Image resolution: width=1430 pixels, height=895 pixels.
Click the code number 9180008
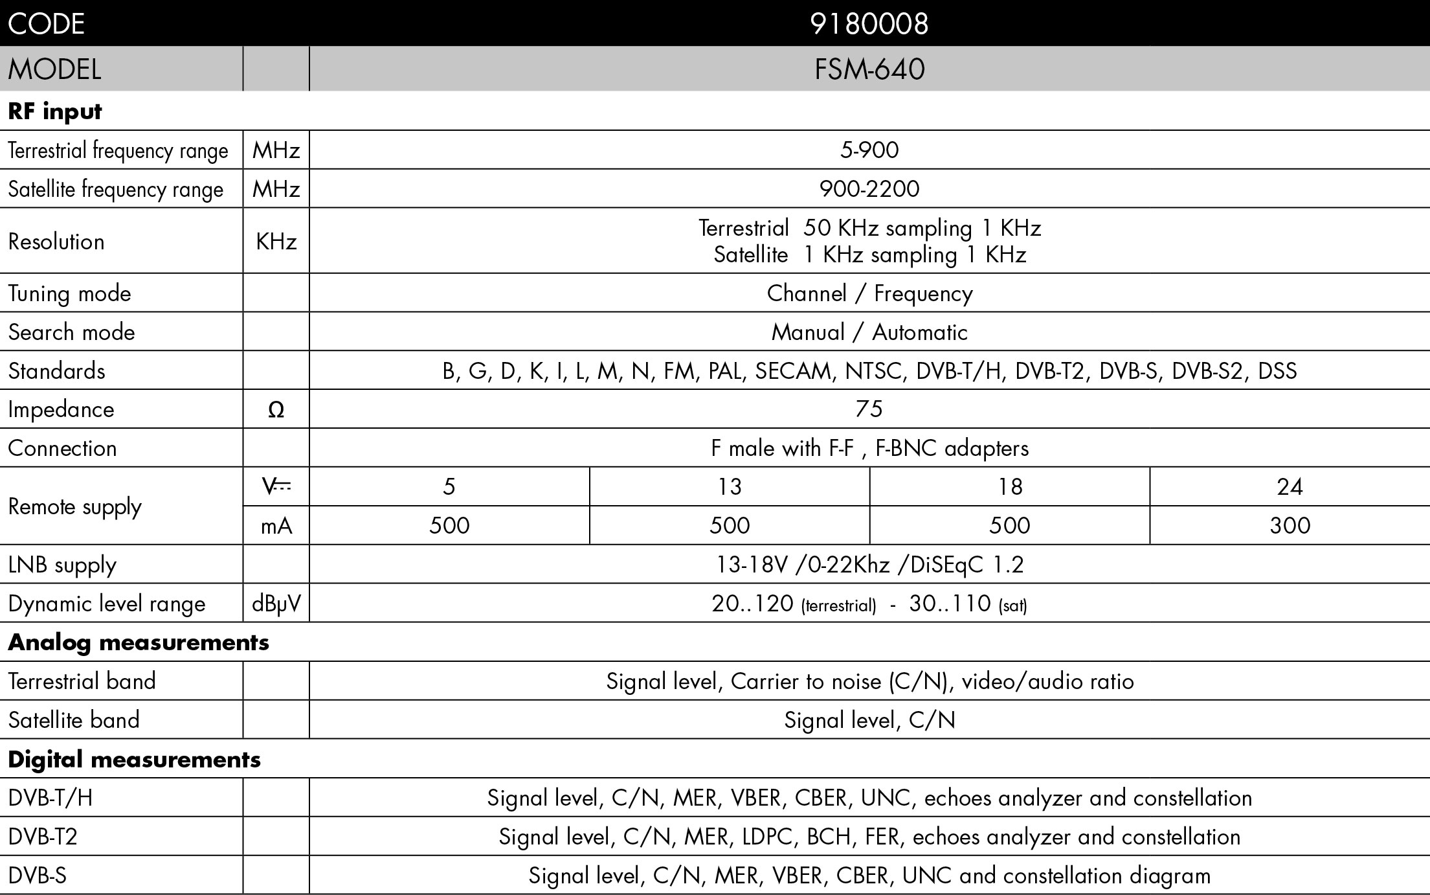(869, 24)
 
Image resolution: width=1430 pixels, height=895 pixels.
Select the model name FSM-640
(869, 69)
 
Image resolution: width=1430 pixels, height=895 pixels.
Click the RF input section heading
(55, 111)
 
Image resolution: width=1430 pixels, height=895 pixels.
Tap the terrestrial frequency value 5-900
(869, 150)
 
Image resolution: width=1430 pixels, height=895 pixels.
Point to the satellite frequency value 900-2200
(869, 189)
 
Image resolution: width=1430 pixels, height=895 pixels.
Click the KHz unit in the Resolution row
(276, 242)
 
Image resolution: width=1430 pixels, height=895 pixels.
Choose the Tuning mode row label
(69, 293)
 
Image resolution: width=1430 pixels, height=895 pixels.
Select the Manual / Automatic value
(869, 332)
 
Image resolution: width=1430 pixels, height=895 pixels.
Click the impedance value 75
(869, 409)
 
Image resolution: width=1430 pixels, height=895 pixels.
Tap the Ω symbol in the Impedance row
(276, 409)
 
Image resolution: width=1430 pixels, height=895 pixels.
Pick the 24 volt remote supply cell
(1290, 486)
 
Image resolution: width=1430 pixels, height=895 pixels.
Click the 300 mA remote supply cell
(1290, 525)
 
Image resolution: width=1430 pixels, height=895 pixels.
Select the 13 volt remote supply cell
(730, 486)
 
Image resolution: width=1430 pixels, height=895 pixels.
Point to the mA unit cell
(276, 526)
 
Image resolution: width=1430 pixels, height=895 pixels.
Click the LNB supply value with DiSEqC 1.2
(869, 565)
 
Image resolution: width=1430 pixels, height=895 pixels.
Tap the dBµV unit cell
(276, 604)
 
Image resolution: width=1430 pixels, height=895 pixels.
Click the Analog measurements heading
(139, 642)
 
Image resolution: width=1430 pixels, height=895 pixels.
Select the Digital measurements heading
(134, 759)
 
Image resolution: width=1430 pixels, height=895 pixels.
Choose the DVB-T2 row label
(43, 837)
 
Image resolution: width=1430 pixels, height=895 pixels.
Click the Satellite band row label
(74, 719)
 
